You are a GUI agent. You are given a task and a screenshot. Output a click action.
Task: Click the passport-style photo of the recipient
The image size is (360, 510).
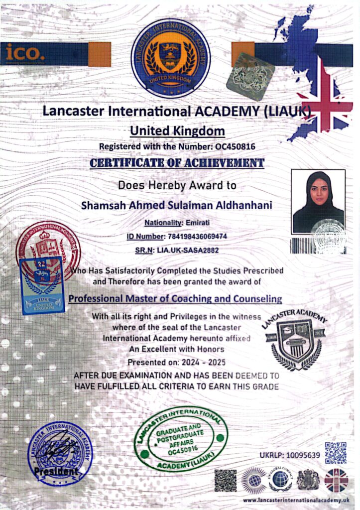click(318, 201)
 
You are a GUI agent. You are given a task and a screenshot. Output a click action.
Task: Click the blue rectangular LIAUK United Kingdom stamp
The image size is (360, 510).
click(42, 285)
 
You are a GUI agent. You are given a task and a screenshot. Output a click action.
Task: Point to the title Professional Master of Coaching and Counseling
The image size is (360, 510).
click(175, 299)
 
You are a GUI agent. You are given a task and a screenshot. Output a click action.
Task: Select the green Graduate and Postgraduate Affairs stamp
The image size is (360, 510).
click(180, 439)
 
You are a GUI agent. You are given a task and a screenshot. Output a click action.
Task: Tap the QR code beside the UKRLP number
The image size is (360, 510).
click(335, 452)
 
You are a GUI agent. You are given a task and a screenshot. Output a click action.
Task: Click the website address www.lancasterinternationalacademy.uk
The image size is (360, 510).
click(296, 500)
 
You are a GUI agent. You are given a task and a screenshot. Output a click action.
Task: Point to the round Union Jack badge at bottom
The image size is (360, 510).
click(336, 481)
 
